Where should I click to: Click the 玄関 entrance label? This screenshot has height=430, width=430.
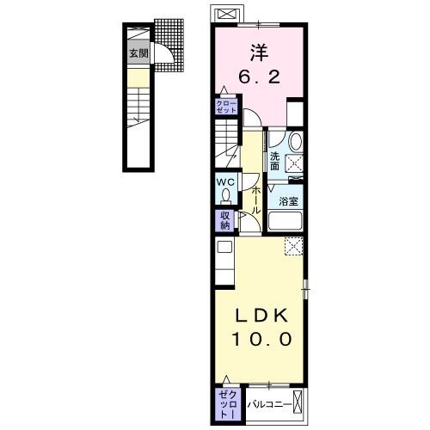pos(138,53)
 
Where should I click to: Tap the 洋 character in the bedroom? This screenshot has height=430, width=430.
pos(259,52)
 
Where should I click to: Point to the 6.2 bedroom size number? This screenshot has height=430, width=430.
pos(259,77)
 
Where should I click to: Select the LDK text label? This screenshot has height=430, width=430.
pos(261,316)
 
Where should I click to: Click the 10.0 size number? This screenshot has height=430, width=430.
pos(261,339)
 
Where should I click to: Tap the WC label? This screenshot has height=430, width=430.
pos(225,182)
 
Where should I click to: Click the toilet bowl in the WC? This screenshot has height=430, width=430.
pos(226,197)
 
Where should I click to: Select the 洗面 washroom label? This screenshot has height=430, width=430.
pos(274,161)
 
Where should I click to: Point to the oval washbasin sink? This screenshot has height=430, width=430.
pos(296,142)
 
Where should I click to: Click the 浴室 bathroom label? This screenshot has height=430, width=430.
pos(288,201)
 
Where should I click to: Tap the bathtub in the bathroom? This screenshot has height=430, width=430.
pos(286,220)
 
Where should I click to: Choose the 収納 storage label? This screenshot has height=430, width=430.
pos(225,220)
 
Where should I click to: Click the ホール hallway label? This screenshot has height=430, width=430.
pos(255,200)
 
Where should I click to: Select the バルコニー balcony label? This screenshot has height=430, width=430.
pos(270,405)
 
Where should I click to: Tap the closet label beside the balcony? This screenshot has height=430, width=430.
pos(228,405)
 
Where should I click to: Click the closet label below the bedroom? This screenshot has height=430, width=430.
pos(226,107)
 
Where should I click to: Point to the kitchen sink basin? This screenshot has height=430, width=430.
pos(224,247)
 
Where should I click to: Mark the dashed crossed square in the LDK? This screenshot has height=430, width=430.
pos(294,246)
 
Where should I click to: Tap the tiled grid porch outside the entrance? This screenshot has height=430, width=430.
pos(169,45)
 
